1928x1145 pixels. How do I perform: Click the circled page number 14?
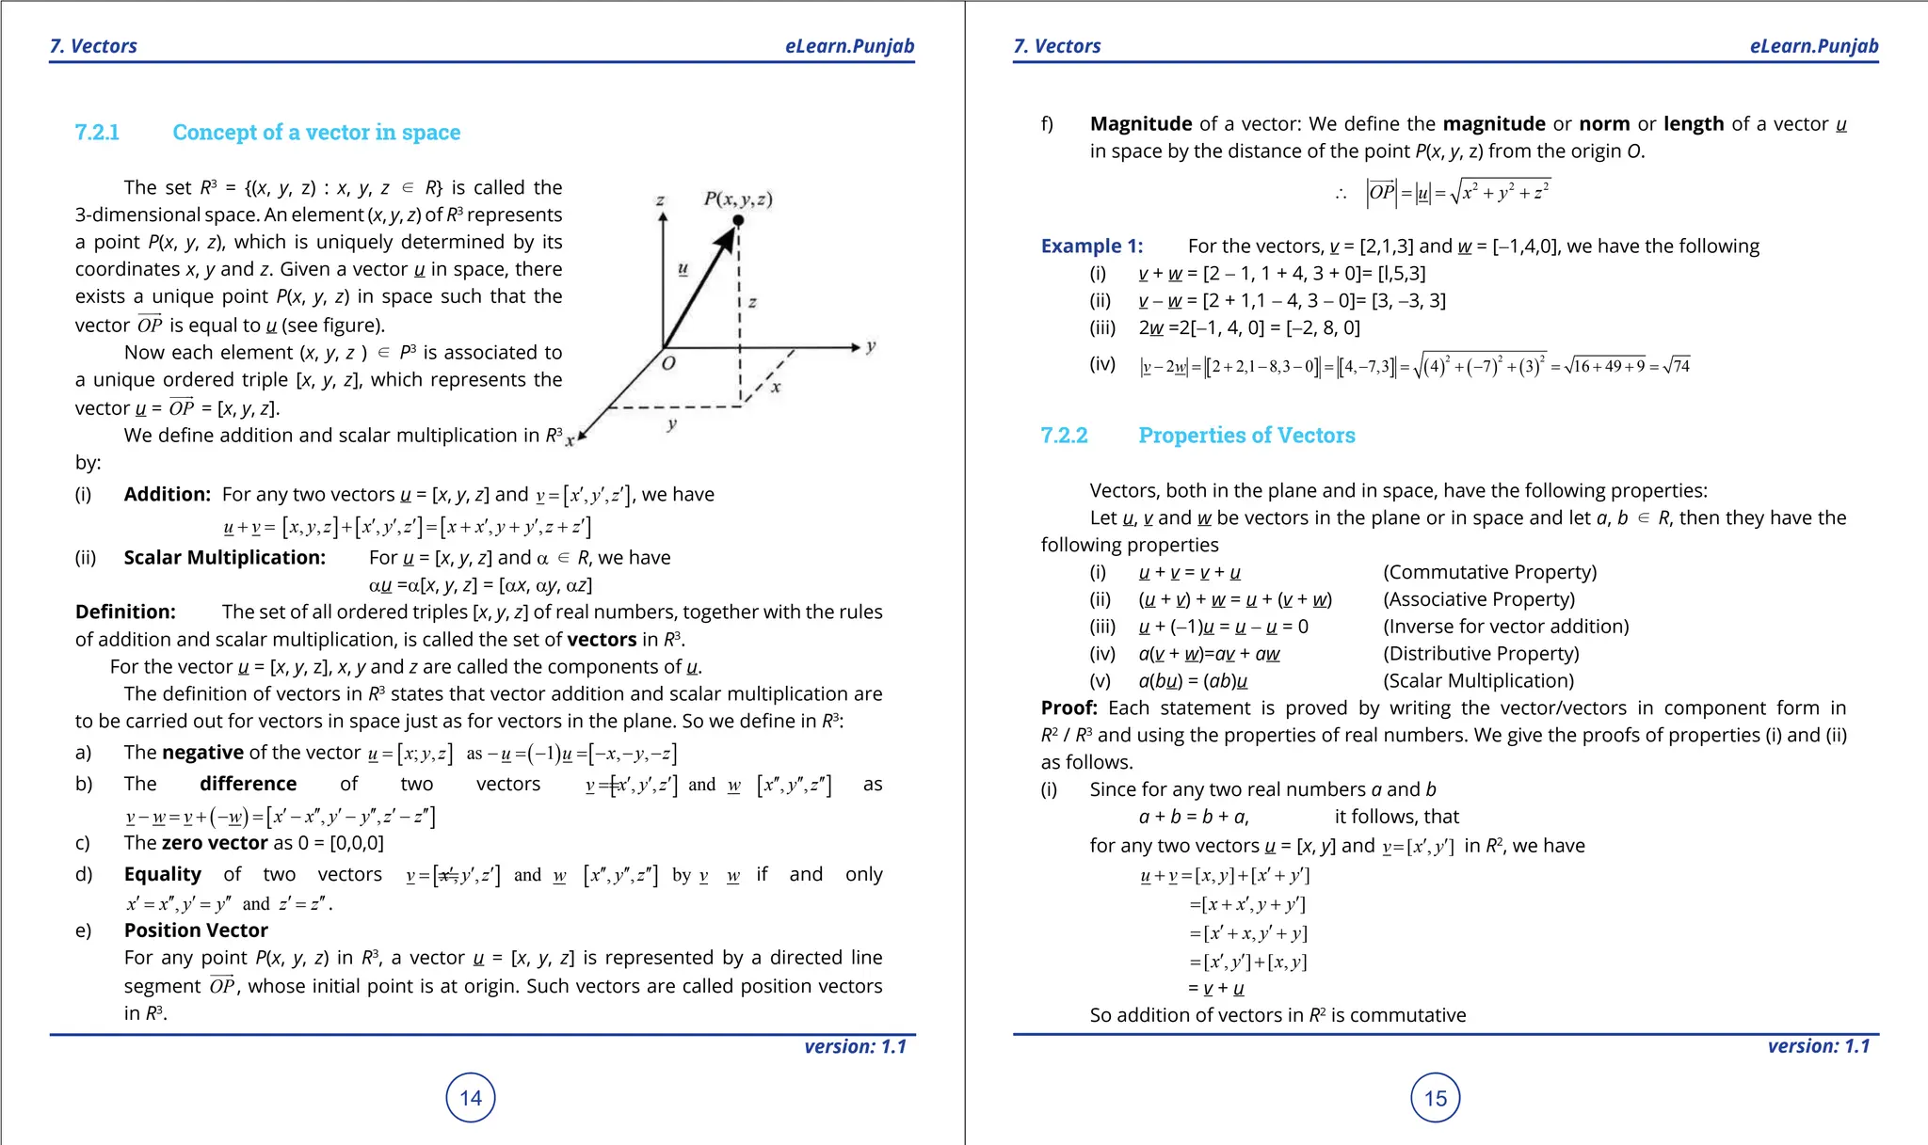(x=471, y=1098)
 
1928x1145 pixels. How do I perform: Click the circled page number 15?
(x=1435, y=1098)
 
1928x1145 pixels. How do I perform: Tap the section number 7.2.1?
(x=97, y=133)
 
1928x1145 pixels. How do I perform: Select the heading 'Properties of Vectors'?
(x=1246, y=436)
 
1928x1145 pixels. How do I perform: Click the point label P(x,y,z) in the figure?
(x=738, y=199)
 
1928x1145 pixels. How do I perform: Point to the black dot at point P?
(x=738, y=220)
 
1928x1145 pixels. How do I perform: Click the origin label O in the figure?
(x=667, y=364)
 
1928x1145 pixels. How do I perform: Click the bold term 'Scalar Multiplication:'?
(x=225, y=558)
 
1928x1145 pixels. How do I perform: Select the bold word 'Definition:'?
(x=125, y=612)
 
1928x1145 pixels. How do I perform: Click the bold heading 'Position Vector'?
(x=196, y=930)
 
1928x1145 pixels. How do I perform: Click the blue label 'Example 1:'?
(x=1092, y=246)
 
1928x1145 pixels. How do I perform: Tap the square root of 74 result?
(x=1676, y=366)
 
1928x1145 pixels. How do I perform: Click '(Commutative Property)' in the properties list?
(x=1489, y=573)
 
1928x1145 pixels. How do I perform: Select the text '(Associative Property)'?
(x=1479, y=600)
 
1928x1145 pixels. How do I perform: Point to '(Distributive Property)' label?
(x=1481, y=654)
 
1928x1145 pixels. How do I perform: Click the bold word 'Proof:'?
(x=1068, y=708)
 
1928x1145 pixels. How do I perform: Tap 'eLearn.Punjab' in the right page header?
(x=1813, y=46)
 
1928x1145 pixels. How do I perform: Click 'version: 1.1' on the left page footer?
(x=855, y=1047)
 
